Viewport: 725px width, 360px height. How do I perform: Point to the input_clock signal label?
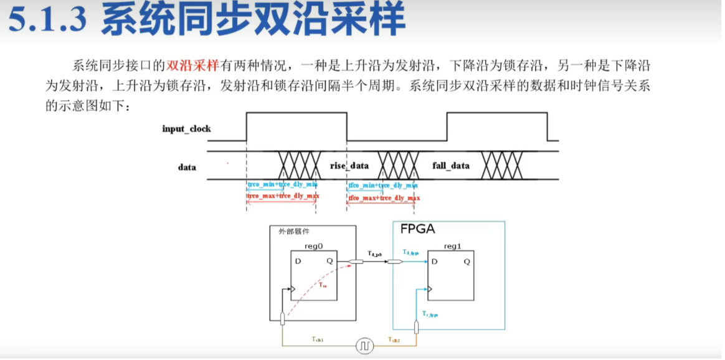(186, 129)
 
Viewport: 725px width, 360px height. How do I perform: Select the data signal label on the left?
(186, 167)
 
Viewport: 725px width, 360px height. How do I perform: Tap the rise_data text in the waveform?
(349, 166)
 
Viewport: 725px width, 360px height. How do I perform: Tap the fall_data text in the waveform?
(451, 166)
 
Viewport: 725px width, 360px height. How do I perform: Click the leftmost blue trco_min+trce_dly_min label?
(282, 185)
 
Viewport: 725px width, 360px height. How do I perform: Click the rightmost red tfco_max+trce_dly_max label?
(384, 198)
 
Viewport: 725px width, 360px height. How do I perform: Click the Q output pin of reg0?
(329, 261)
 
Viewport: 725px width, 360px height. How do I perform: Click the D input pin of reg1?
(434, 261)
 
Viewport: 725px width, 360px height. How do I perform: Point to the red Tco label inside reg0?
(323, 284)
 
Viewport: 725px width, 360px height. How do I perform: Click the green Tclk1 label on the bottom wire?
(318, 339)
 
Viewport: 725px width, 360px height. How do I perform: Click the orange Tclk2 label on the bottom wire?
(394, 339)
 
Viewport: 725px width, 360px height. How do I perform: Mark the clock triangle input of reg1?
(430, 289)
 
